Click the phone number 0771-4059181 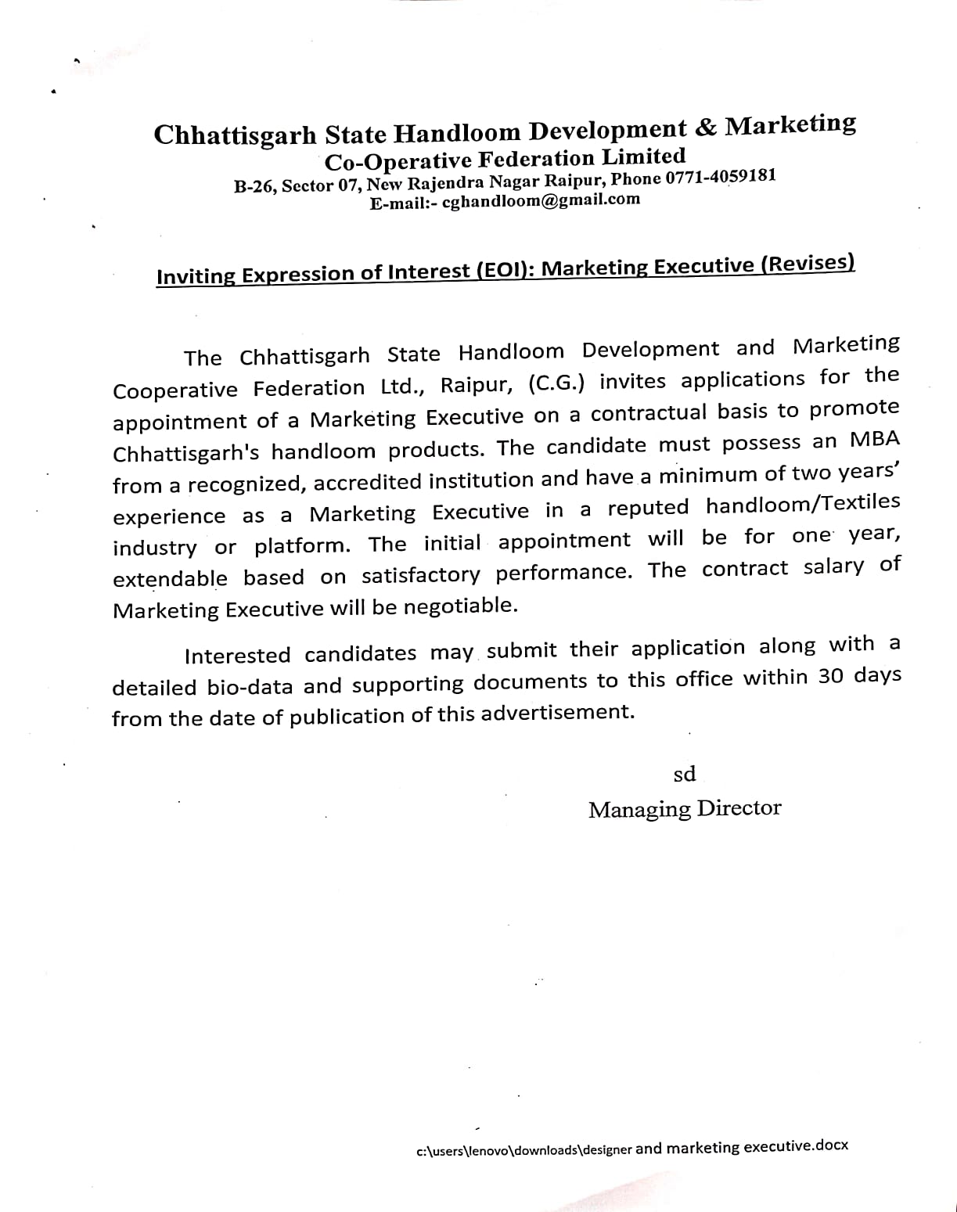point(720,177)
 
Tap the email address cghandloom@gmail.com point(541,200)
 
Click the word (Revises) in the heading point(807,264)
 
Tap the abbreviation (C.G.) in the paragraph point(556,383)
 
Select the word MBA point(875,440)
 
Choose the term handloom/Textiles point(802,505)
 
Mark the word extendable point(170,579)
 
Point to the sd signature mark point(684,774)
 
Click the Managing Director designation point(684,808)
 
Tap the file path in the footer point(632,1148)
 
